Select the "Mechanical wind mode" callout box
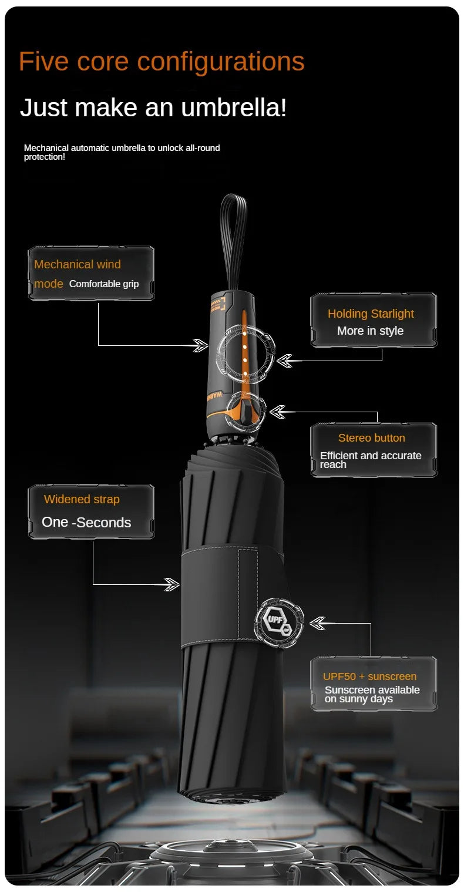click(x=91, y=273)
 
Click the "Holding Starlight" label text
click(x=371, y=314)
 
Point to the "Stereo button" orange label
click(x=371, y=438)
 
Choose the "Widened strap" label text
click(x=82, y=500)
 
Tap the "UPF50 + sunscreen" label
click(x=369, y=676)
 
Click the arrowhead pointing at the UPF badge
click(x=317, y=623)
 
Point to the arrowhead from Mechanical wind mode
click(x=201, y=345)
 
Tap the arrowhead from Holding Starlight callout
click(x=285, y=361)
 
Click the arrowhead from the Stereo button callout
click(x=277, y=412)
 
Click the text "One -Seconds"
click(x=86, y=523)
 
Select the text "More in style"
click(x=370, y=331)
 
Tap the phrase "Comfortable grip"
click(x=104, y=284)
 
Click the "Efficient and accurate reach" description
click(x=370, y=460)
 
